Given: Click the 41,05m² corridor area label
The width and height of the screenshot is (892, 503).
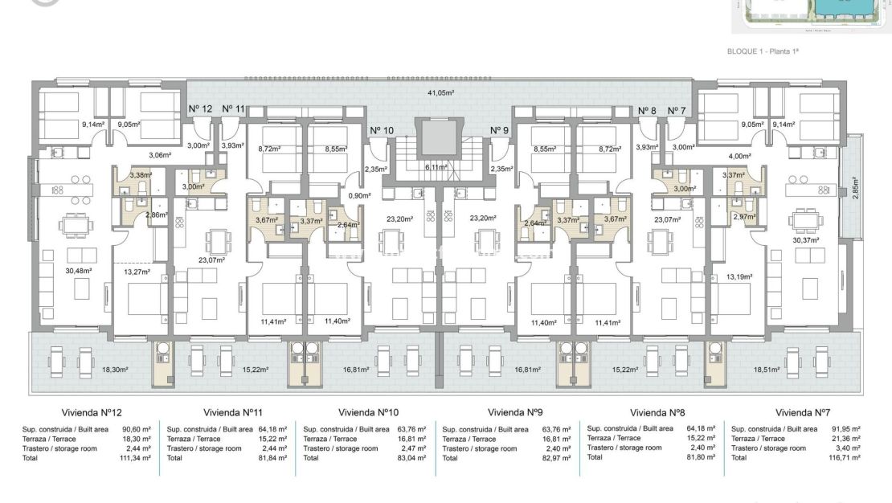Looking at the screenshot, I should (x=440, y=93).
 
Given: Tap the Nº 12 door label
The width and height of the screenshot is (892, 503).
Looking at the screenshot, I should (x=200, y=108).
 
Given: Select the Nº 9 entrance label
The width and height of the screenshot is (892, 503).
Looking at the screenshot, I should (x=500, y=130).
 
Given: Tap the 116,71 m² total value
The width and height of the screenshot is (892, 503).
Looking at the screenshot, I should (x=845, y=457).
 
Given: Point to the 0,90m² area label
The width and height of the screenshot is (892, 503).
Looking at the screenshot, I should (x=358, y=195).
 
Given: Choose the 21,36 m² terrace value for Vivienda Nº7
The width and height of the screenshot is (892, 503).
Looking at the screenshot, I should (x=845, y=439).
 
